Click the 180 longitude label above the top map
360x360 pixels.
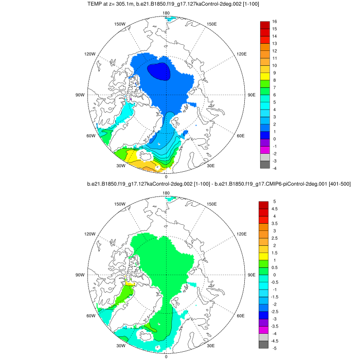click(166, 13)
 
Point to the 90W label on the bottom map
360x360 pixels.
click(80, 275)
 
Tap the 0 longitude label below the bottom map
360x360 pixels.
click(166, 356)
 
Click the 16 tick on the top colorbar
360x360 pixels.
click(275, 22)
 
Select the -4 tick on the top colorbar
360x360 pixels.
click(275, 168)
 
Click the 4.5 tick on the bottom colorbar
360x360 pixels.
click(276, 209)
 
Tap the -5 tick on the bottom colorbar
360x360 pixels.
click(275, 348)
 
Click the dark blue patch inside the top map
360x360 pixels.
click(158, 70)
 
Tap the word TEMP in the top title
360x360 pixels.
click(111, 4)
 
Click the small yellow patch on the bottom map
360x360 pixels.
click(130, 282)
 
